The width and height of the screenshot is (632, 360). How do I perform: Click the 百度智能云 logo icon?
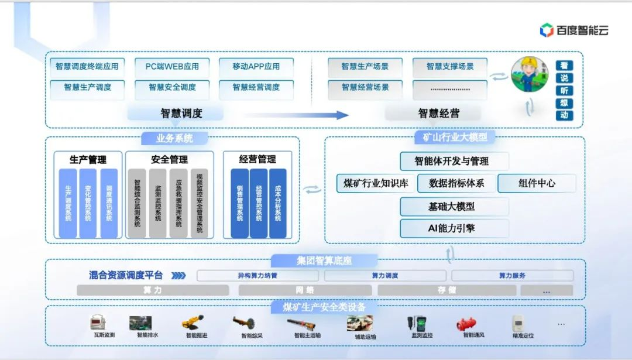pyautogui.click(x=547, y=30)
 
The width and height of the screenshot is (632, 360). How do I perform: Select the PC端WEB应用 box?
pyautogui.click(x=172, y=66)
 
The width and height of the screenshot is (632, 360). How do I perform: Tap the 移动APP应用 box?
pyautogui.click(x=256, y=66)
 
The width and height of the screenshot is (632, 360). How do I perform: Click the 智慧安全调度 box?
pyautogui.click(x=172, y=87)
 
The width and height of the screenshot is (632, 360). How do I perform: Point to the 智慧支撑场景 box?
pyautogui.click(x=450, y=66)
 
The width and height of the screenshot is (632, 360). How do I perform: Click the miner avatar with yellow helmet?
pyautogui.click(x=530, y=74)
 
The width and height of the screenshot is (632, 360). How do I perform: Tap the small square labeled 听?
pyautogui.click(x=564, y=91)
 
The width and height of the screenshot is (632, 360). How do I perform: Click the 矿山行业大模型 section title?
pyautogui.click(x=454, y=138)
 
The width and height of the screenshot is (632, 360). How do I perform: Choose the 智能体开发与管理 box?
pyautogui.click(x=454, y=161)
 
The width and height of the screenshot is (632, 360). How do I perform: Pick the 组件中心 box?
pyautogui.click(x=537, y=183)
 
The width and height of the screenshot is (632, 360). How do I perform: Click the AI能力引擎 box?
pyautogui.click(x=454, y=228)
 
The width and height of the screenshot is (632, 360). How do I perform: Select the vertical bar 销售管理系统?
pyautogui.click(x=239, y=203)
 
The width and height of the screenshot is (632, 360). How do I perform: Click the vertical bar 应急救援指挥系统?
pyautogui.click(x=178, y=203)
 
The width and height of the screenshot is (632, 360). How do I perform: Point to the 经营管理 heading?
pyautogui.click(x=257, y=159)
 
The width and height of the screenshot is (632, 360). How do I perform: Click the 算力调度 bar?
pyautogui.click(x=385, y=275)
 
